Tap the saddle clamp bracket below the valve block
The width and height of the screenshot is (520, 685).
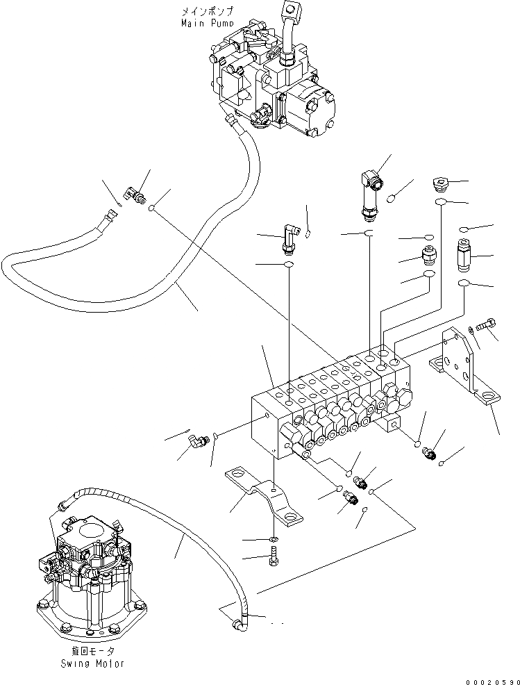coord(267,495)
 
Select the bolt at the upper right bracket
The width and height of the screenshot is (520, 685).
coord(486,323)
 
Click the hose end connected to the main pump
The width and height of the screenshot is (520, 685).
coord(232,125)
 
